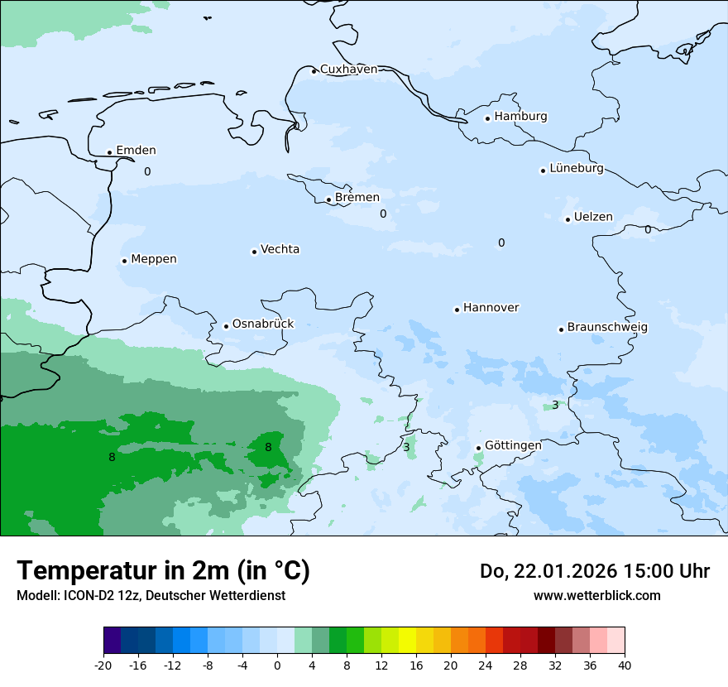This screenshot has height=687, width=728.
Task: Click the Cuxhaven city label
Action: (348, 70)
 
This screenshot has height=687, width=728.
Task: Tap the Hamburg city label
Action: (520, 117)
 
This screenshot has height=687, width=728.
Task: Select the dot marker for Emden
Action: (109, 152)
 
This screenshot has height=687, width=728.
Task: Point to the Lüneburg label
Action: (576, 169)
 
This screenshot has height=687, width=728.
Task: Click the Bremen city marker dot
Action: (328, 199)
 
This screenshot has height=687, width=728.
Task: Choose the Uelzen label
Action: (593, 218)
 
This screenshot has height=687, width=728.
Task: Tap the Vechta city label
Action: (280, 249)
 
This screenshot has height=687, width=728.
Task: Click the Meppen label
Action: (153, 259)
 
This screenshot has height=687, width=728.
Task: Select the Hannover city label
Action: (491, 308)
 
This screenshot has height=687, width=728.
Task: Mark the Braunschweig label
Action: (607, 328)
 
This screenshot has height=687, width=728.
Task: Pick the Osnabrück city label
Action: (262, 324)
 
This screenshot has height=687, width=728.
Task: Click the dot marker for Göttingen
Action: (478, 448)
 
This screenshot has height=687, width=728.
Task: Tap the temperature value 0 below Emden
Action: (147, 172)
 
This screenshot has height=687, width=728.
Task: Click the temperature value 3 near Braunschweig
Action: (555, 405)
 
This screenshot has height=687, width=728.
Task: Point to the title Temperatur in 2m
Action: (163, 571)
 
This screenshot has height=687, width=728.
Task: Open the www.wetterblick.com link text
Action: (596, 596)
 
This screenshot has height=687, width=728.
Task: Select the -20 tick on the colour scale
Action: (103, 665)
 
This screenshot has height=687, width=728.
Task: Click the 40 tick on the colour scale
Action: (625, 665)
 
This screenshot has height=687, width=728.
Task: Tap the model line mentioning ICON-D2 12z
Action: (151, 596)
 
